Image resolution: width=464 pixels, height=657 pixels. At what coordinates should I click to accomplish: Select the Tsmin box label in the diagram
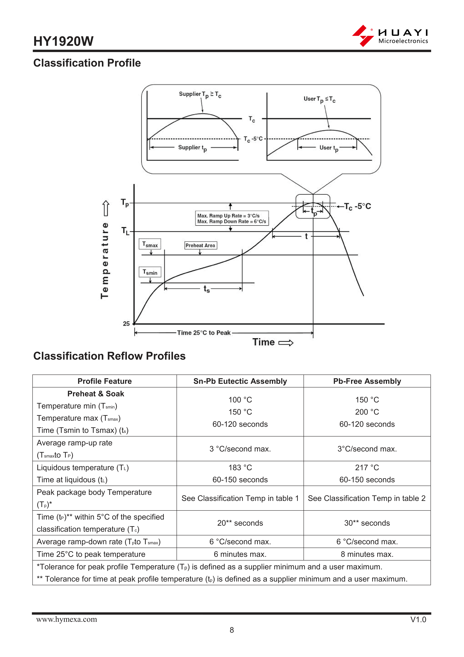[150, 272]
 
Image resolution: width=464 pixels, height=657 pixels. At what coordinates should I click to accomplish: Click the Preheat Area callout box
[200, 245]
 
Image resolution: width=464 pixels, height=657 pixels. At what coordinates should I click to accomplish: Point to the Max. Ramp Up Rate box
[232, 218]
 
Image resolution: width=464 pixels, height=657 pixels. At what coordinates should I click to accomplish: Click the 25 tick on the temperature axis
[126, 324]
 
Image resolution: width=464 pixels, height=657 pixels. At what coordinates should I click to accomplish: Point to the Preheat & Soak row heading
[96, 394]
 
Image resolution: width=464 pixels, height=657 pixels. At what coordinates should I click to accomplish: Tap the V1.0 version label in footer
[418, 620]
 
